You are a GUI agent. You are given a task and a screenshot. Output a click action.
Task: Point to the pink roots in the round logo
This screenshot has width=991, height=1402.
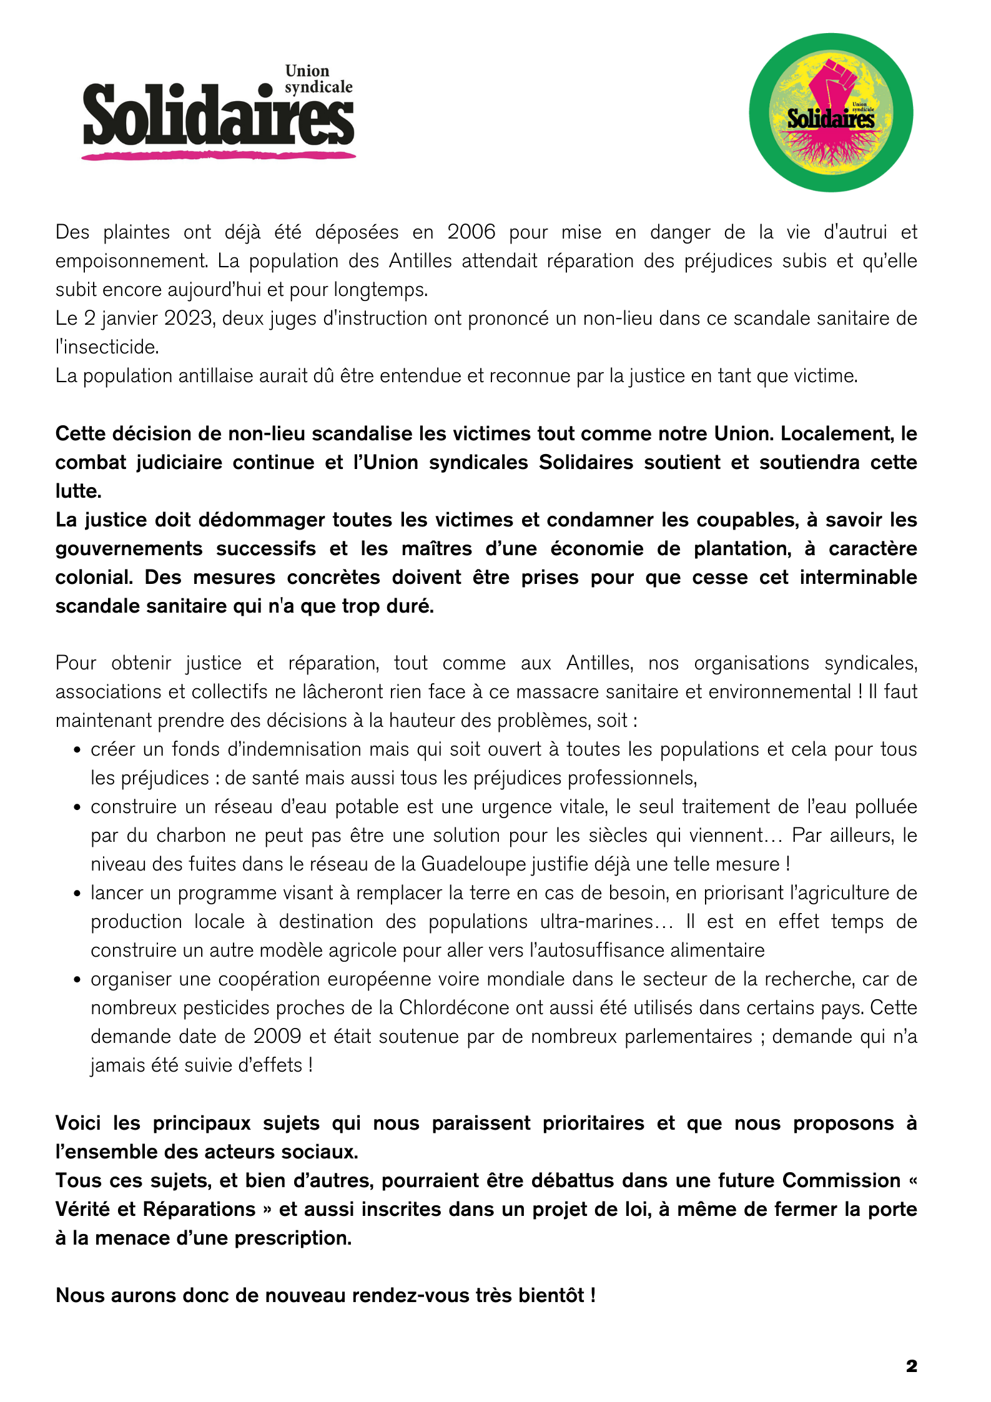[831, 147]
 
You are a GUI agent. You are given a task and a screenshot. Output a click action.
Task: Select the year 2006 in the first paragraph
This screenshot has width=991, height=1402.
[471, 232]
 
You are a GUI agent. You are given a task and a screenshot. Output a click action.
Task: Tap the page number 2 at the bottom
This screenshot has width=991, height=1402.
[911, 1366]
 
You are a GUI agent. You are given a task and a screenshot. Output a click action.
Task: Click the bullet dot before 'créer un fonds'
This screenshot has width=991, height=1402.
[77, 750]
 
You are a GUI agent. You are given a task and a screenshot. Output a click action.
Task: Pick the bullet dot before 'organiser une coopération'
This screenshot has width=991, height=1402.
[77, 980]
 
